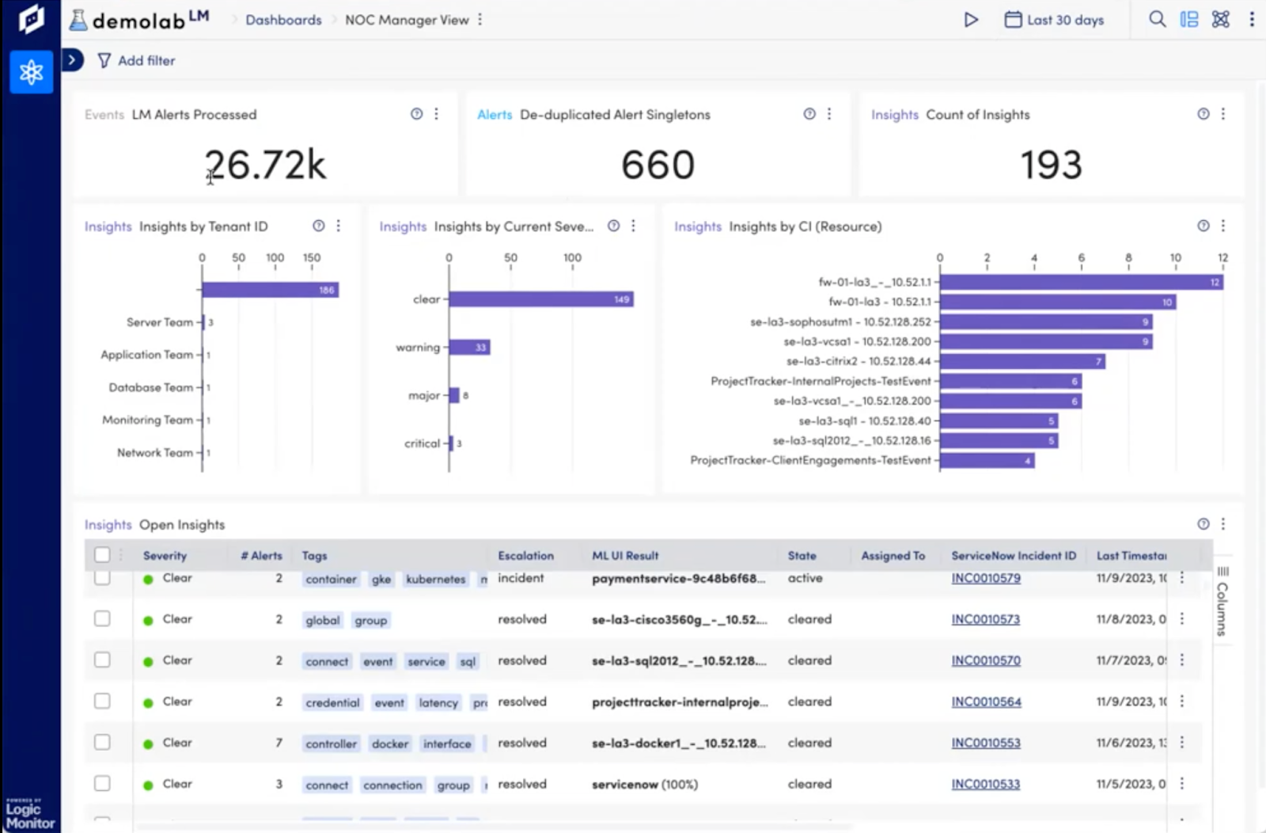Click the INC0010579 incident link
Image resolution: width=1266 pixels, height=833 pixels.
coord(985,578)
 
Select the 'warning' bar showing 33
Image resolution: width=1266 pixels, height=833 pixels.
coord(470,348)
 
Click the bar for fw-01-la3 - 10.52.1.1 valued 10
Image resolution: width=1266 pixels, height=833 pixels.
coord(1056,302)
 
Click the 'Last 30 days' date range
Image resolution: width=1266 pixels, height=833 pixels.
coord(1054,20)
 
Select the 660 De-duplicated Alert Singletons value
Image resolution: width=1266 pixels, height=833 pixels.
coord(658,165)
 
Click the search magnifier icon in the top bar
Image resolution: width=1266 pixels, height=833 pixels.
coord(1157,20)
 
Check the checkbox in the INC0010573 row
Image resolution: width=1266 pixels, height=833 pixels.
coord(102,618)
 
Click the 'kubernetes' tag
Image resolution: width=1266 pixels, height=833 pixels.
coord(435,580)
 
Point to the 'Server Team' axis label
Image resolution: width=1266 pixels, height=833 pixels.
coord(159,322)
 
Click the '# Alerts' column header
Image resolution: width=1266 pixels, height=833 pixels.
coord(261,556)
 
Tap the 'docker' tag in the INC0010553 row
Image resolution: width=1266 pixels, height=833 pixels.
coord(390,744)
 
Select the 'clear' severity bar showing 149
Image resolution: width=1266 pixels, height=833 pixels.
coord(540,299)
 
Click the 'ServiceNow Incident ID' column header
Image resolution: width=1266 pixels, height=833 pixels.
coord(1013,556)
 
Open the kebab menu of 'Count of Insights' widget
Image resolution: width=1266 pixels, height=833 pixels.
coord(1223,114)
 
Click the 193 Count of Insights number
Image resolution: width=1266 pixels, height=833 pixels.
coord(1051,165)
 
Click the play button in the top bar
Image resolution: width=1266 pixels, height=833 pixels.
coord(971,20)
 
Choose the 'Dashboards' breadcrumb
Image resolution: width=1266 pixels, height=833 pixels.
coord(283,20)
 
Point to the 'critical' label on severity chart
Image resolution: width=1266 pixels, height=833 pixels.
coord(422,443)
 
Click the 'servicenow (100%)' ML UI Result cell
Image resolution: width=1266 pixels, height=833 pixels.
coord(644,785)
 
